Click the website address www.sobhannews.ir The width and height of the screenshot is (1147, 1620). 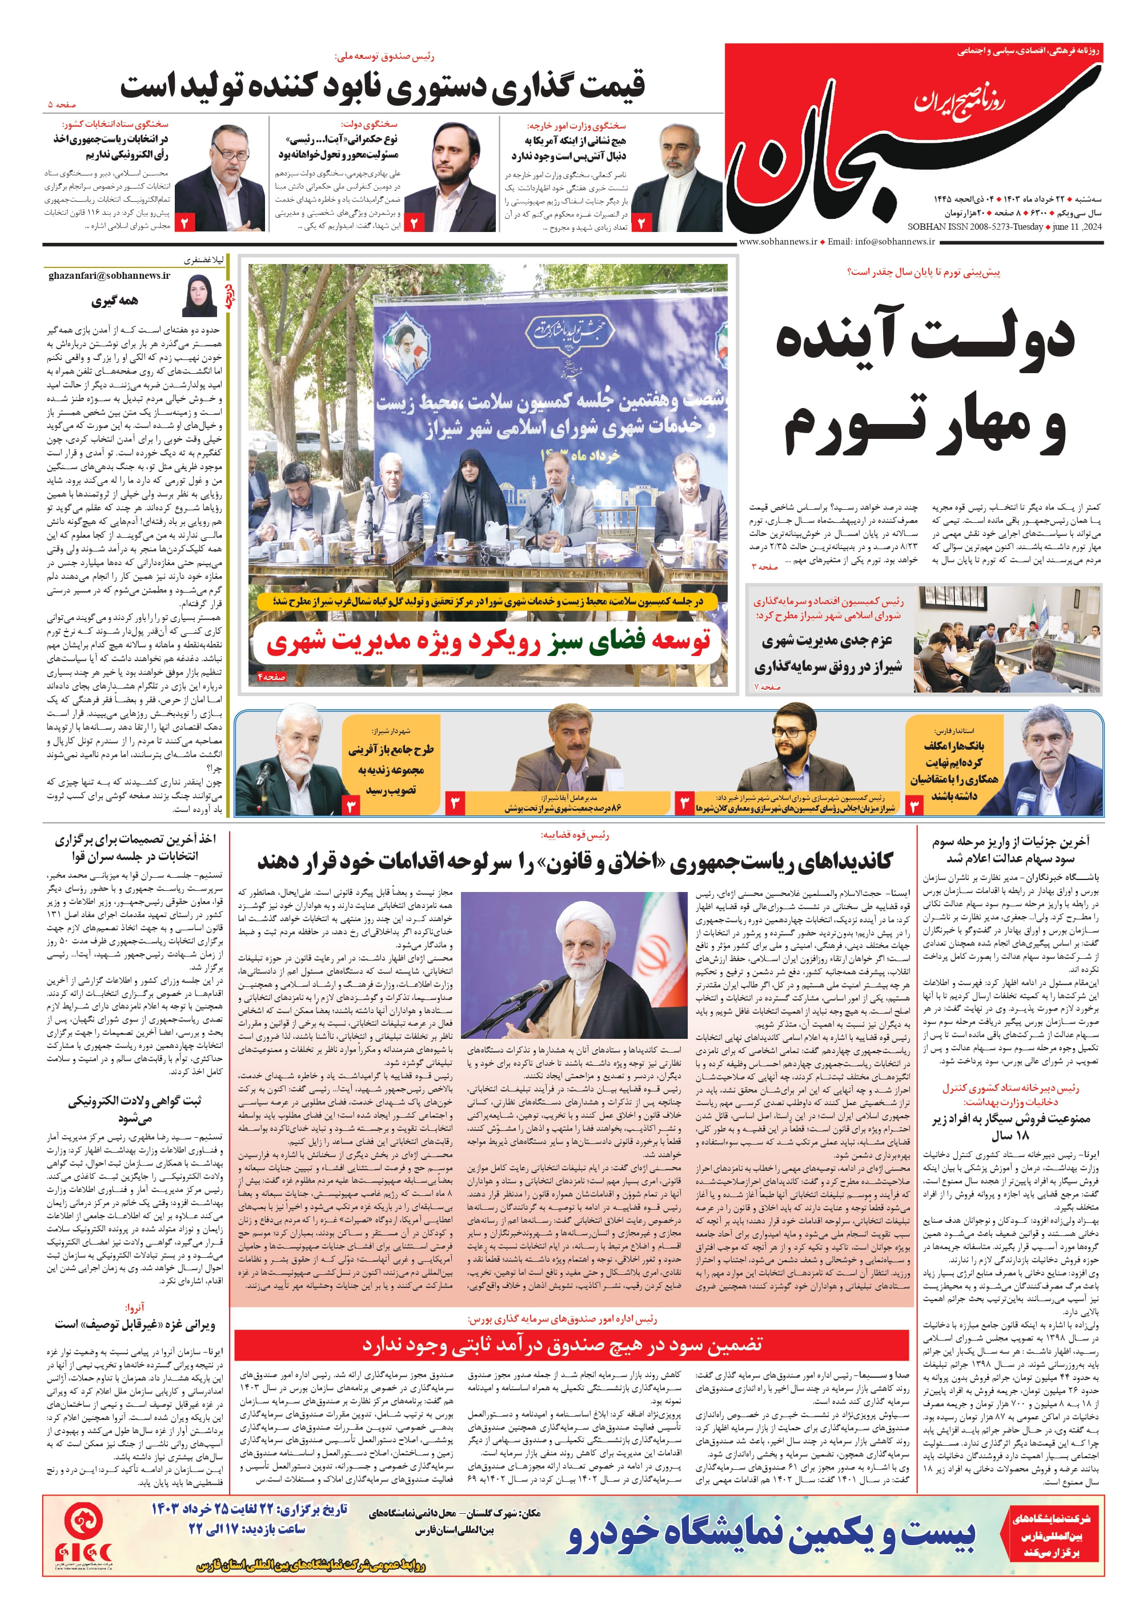[777, 242]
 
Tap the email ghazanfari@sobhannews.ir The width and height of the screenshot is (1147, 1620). [110, 275]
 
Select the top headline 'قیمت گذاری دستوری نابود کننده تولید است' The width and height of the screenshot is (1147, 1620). [382, 86]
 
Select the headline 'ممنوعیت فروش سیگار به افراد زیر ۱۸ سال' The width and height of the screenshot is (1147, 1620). [1010, 1127]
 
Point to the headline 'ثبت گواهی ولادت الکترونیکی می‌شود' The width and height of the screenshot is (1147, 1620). [134, 1109]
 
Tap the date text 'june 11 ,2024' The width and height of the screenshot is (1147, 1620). [1077, 227]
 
